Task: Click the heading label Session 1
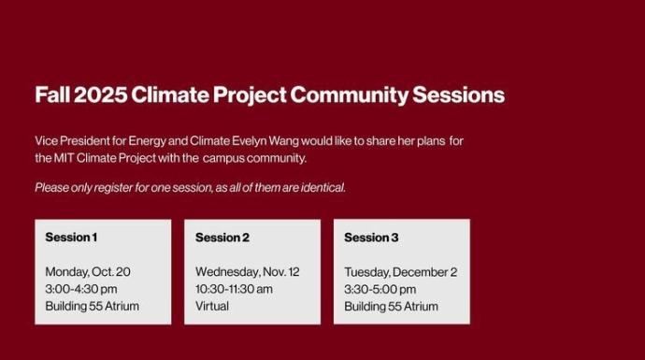(x=71, y=238)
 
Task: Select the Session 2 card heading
(x=222, y=238)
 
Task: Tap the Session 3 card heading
(x=371, y=238)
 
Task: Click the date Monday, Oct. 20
(x=88, y=272)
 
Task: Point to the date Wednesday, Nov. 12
(x=247, y=272)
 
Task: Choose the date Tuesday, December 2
(x=400, y=272)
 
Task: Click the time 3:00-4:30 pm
(x=81, y=289)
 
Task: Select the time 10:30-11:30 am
(x=234, y=289)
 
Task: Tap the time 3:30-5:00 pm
(x=380, y=289)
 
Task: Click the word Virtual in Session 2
(x=212, y=306)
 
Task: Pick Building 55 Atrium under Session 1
(x=92, y=306)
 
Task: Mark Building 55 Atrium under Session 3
(x=391, y=306)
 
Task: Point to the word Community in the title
(x=346, y=95)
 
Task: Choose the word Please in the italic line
(x=52, y=187)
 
